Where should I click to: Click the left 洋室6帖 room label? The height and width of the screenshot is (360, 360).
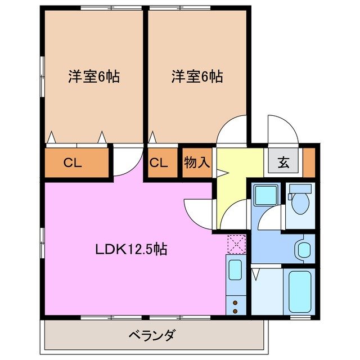[x=94, y=77]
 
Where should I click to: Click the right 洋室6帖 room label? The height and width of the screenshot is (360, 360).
[x=197, y=77]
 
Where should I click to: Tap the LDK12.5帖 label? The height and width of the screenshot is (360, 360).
[x=130, y=249]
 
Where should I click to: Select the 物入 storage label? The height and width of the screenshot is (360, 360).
[x=197, y=163]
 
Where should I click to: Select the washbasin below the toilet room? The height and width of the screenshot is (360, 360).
[x=304, y=249]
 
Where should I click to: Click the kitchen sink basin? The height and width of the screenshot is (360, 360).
[x=235, y=269]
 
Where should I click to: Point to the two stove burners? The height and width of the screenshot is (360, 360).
[x=235, y=307]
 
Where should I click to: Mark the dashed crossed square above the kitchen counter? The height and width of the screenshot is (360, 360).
[x=235, y=243]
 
